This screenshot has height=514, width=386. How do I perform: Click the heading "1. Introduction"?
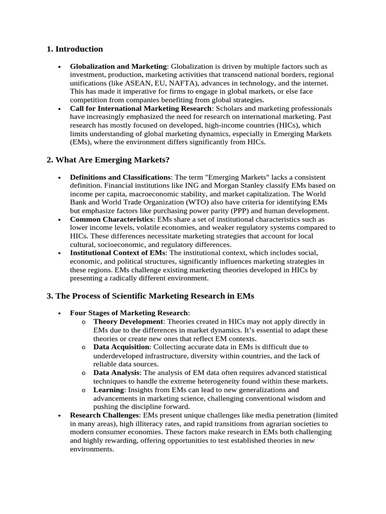[x=74, y=49]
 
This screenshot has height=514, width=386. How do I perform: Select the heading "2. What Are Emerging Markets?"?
[x=108, y=160]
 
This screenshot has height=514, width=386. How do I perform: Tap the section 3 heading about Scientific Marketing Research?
[x=150, y=296]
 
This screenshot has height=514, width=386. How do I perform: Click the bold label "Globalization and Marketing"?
[x=118, y=66]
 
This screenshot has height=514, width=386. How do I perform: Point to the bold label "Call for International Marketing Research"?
[x=141, y=108]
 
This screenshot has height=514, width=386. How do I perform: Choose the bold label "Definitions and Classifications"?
[x=120, y=177]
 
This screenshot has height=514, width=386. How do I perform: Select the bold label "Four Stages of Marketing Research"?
[x=129, y=313]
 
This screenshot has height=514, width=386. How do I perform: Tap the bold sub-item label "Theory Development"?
[x=128, y=321]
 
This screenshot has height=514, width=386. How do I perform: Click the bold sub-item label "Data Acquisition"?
[x=121, y=347]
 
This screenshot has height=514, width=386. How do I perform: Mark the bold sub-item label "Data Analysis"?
[x=117, y=372]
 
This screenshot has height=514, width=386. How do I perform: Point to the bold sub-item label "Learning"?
[x=109, y=390]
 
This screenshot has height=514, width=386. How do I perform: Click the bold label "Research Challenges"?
[x=104, y=415]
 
